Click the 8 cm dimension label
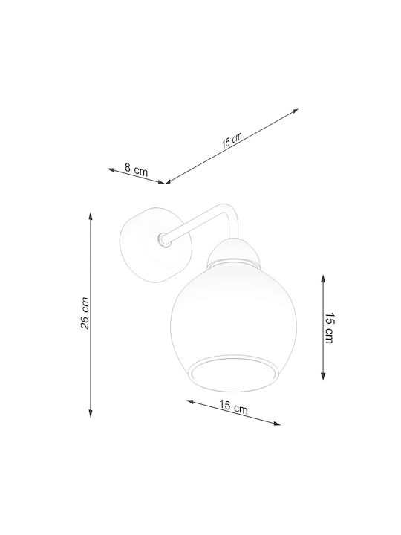tap(136, 169)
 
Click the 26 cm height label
tap(85, 314)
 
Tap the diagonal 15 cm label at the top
tap(232, 140)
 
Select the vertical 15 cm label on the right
tap(330, 328)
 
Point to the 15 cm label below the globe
tap(233, 406)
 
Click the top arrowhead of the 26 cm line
tap(91, 215)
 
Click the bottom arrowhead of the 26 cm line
tap(91, 413)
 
